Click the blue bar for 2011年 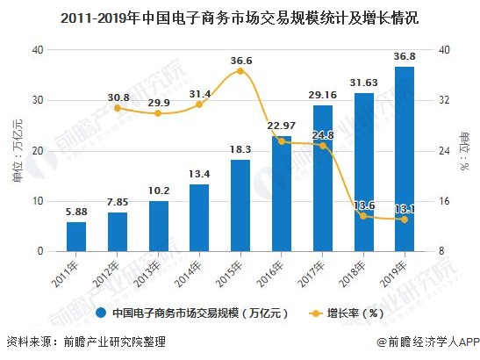point(76,236)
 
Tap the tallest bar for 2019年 point(405,159)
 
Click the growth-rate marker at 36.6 point(240,71)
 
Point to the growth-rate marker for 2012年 point(118,108)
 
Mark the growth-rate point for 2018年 point(363,216)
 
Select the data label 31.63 point(362,81)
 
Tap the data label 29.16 point(322,94)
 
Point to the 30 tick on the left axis point(36,100)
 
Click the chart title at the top point(240,16)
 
